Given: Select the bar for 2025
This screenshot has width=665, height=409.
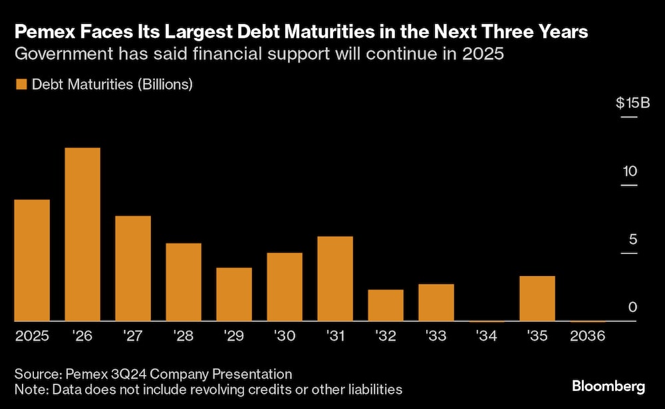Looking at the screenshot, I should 32,261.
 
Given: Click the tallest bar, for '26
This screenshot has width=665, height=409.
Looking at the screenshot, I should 82,235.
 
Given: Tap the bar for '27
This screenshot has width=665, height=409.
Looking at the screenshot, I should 133,269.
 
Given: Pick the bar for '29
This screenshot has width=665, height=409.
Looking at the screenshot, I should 234,295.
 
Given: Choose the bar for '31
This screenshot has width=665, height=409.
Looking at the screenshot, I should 335,279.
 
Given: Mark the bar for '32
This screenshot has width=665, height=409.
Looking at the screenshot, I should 386,305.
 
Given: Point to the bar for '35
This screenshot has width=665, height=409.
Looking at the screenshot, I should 537,299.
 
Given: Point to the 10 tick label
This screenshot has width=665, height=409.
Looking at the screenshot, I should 630,172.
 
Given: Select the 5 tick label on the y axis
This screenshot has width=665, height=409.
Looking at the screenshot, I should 633,239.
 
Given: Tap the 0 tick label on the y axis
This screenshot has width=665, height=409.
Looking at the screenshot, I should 633,307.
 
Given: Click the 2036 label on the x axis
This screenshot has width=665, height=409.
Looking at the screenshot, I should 588,337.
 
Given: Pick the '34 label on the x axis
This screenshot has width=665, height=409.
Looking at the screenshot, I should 486,337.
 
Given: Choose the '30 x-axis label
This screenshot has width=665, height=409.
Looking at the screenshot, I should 284,337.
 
